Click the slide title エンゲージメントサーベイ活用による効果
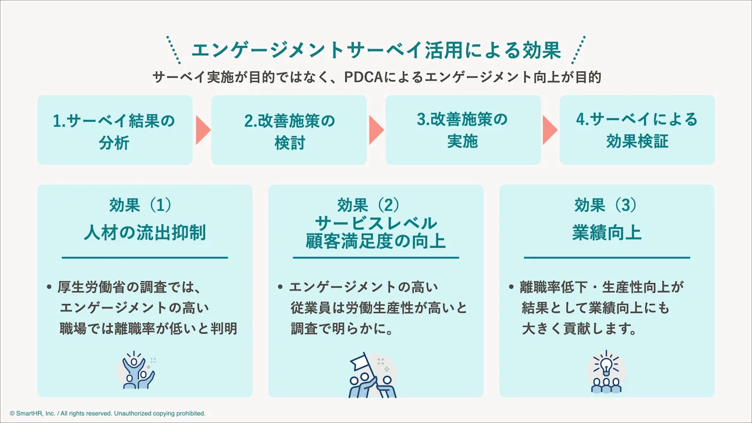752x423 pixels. (x=375, y=51)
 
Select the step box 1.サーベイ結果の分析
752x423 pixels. (x=114, y=130)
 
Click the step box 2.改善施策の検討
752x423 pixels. (x=289, y=130)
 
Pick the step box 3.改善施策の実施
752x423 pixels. (x=463, y=130)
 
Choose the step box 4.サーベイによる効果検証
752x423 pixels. (x=637, y=130)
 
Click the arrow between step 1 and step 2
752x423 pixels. (x=203, y=130)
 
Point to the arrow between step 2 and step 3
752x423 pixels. (x=377, y=130)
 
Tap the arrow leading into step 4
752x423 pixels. (x=550, y=130)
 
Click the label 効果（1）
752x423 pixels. (x=140, y=205)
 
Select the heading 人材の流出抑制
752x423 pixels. (x=145, y=232)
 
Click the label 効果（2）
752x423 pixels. (x=375, y=205)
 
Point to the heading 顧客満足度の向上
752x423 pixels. (x=375, y=242)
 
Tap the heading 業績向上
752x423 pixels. (x=607, y=232)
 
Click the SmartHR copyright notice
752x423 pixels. (x=108, y=414)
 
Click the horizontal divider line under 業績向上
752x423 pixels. (x=607, y=258)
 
